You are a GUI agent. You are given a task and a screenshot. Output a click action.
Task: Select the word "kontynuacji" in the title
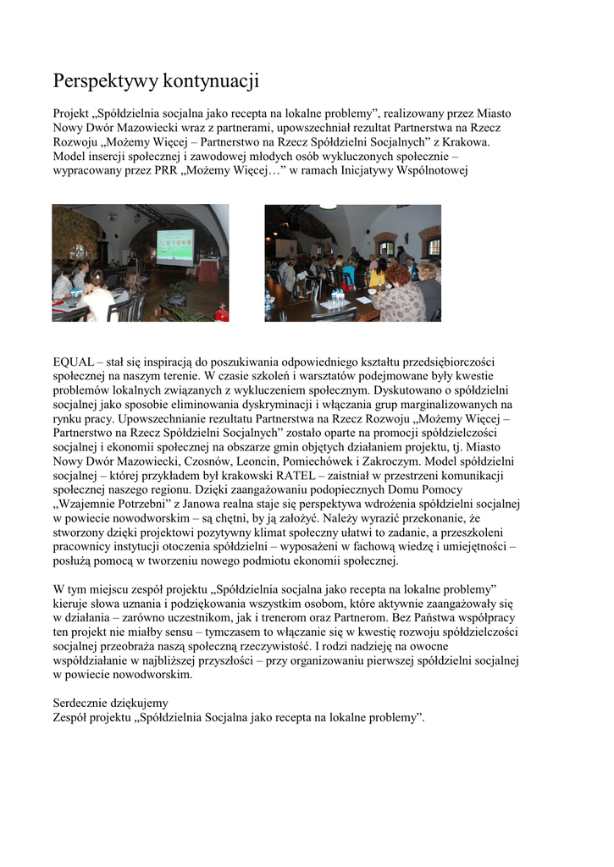coord(210,82)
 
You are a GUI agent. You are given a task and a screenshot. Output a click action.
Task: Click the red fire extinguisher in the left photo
coord(222,314)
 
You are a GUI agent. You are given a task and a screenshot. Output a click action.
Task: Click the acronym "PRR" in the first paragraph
coord(164,170)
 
